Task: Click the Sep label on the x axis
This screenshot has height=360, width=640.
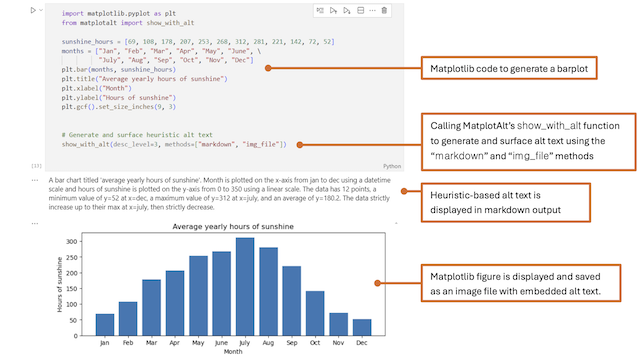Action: point(290,343)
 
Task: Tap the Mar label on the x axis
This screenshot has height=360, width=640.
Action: point(151,343)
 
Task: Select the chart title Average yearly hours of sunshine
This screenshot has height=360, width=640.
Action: point(232,227)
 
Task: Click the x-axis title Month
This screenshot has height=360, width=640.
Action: point(232,353)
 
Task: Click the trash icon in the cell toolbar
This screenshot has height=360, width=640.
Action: point(384,11)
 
